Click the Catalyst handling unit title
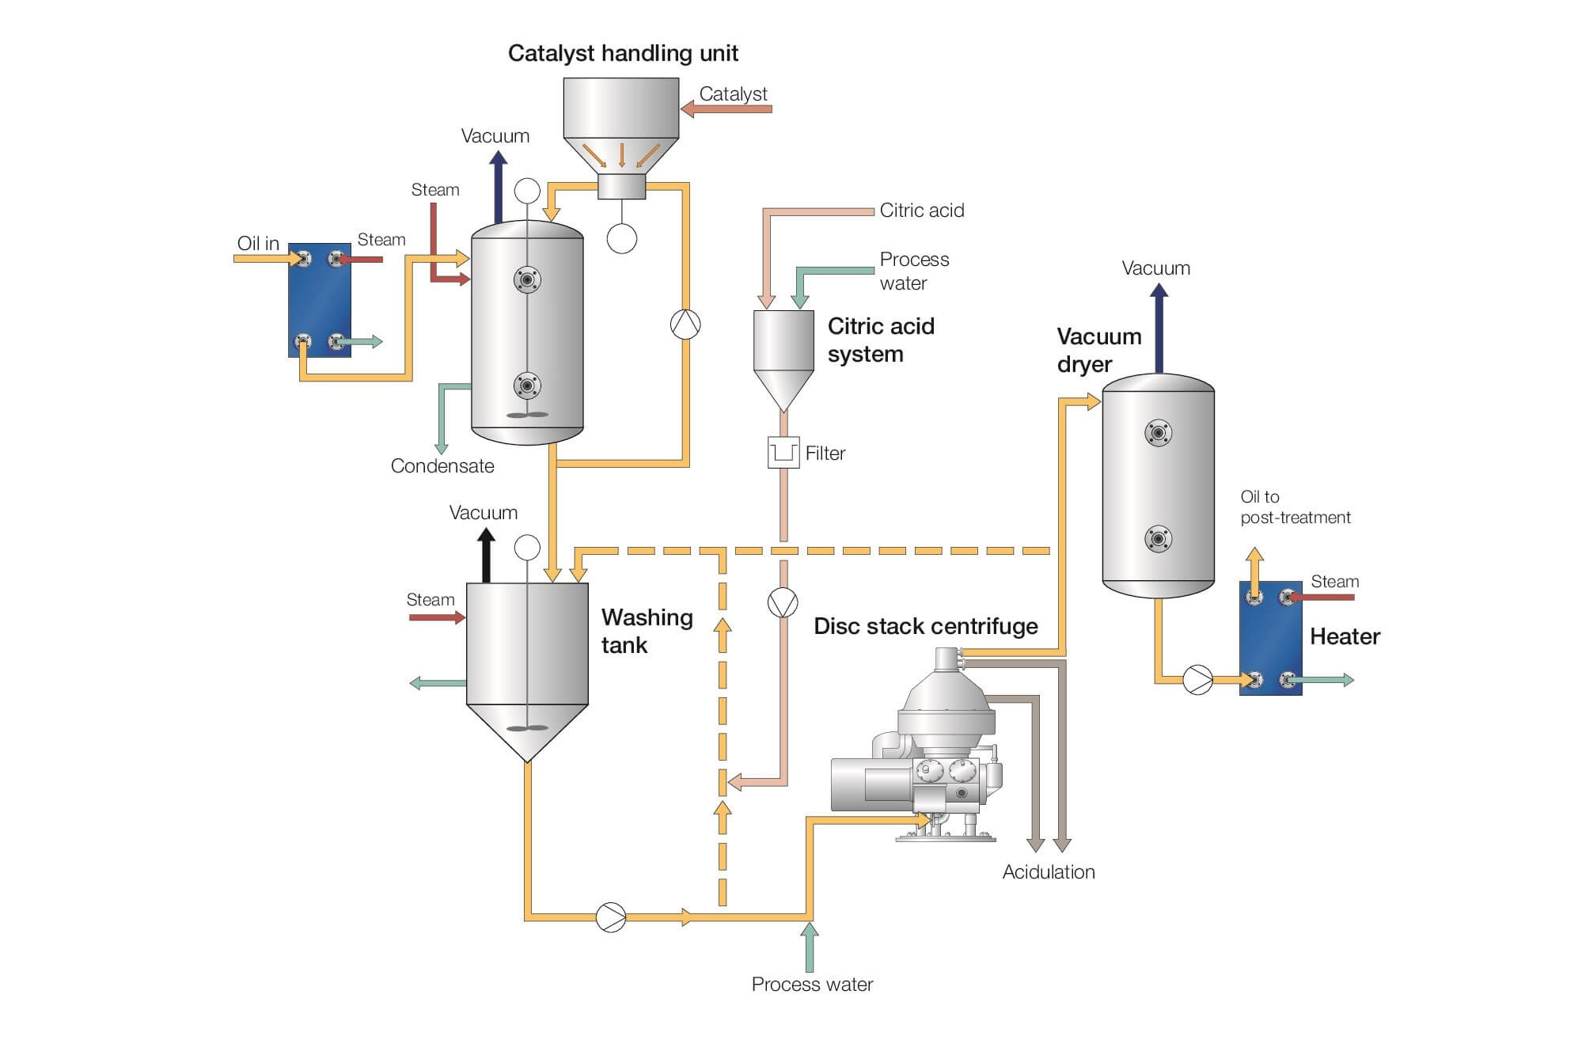tap(623, 54)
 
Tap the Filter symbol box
tap(783, 453)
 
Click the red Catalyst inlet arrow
tap(726, 109)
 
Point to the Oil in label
tap(258, 243)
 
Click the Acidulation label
tap(1049, 872)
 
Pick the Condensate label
tap(442, 466)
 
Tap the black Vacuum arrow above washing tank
tap(486, 556)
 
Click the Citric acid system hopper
tap(783, 356)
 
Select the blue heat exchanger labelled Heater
tap(1270, 638)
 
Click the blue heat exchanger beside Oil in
tap(319, 300)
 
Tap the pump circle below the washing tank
tap(610, 917)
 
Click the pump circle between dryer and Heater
tap(1197, 680)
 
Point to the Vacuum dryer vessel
tap(1158, 487)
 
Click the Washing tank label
tap(647, 631)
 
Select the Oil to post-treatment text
tap(1295, 507)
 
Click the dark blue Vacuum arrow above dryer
tap(1159, 328)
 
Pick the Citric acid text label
tap(922, 211)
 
